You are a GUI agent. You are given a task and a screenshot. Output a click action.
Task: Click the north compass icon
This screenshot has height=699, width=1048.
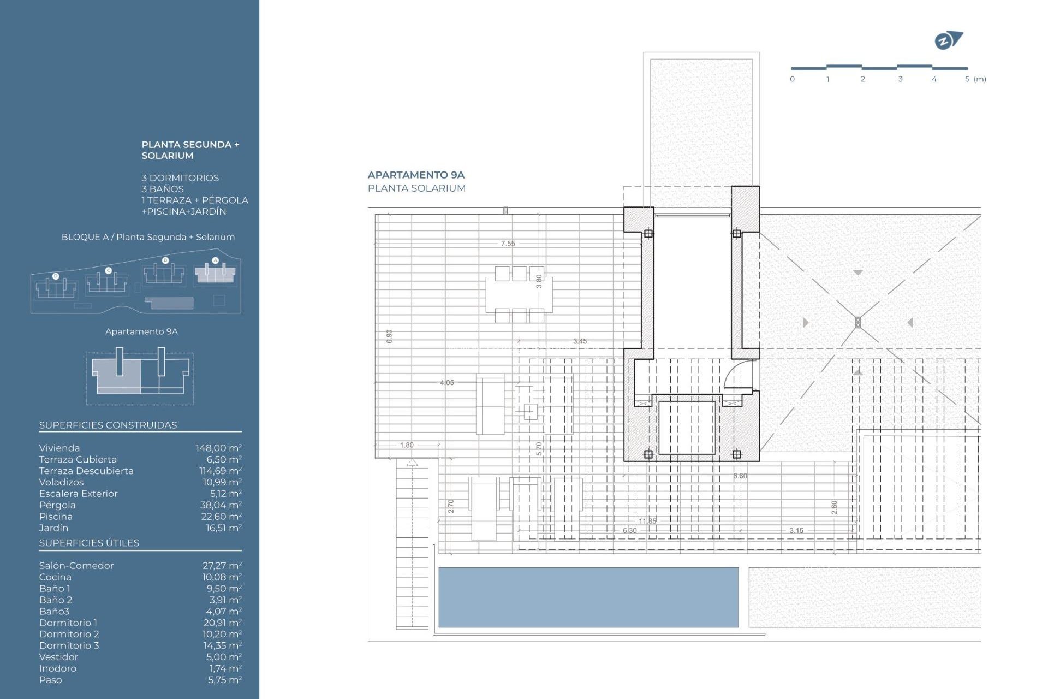tap(948, 40)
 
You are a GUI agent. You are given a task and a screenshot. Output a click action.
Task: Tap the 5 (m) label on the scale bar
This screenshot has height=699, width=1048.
tap(975, 79)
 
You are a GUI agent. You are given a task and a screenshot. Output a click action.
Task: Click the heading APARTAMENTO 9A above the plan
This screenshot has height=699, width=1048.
tap(415, 175)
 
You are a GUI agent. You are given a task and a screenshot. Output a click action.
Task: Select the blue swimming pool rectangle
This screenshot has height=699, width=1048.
tap(588, 597)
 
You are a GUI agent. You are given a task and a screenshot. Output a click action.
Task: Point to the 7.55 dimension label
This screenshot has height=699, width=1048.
tap(508, 244)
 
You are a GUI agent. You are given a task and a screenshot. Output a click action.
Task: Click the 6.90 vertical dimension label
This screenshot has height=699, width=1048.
tap(389, 336)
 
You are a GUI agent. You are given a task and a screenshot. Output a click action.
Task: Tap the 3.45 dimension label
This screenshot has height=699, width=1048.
tap(580, 341)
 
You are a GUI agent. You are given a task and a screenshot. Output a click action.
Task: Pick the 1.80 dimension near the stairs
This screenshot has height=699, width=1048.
tap(407, 445)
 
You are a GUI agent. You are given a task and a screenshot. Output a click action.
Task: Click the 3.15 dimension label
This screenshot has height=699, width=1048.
tap(796, 530)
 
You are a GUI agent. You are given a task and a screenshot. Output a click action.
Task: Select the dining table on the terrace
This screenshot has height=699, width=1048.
tap(519, 295)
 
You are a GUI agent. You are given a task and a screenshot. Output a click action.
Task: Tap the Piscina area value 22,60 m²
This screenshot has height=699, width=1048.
tap(221, 517)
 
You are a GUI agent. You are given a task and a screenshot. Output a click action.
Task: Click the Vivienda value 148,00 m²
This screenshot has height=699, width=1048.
tap(218, 448)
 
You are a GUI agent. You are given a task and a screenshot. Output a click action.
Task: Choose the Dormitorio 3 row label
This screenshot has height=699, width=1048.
tap(69, 645)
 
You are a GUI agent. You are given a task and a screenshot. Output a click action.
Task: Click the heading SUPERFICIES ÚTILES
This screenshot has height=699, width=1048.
tap(89, 543)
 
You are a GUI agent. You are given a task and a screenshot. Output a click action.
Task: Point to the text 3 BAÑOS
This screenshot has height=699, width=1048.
tap(162, 189)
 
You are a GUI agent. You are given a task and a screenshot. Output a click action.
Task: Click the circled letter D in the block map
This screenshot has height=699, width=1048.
tap(56, 276)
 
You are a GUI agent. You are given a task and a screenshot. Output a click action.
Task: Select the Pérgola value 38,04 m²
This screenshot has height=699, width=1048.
tap(221, 505)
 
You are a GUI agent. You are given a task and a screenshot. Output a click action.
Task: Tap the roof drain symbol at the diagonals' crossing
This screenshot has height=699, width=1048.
tap(858, 322)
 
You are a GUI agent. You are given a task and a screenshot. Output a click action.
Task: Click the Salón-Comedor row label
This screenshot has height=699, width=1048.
tap(76, 566)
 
